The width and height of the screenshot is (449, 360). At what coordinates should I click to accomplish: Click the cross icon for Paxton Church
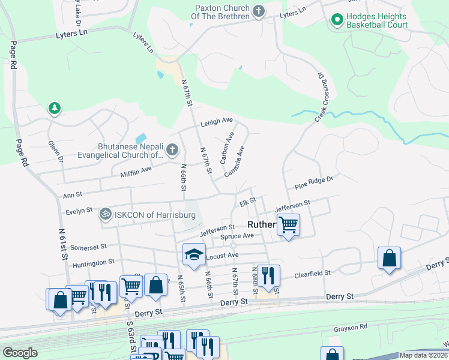[259, 11]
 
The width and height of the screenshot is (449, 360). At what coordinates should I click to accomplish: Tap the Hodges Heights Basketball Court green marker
[337, 21]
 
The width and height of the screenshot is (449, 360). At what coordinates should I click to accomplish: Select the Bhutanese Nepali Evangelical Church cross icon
[172, 149]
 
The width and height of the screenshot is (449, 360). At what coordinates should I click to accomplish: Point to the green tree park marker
[55, 108]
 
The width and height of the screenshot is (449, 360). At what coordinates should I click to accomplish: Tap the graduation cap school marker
[194, 254]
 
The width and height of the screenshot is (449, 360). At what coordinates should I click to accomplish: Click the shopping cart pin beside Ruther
[289, 225]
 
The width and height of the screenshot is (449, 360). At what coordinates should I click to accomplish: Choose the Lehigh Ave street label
[217, 121]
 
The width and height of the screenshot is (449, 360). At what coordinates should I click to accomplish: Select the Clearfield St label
[312, 274]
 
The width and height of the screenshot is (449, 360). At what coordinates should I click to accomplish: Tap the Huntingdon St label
[93, 262]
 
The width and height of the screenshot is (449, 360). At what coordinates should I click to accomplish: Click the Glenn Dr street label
[56, 151]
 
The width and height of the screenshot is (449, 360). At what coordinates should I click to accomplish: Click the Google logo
[20, 352]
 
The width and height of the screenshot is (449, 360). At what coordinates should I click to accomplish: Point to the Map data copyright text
[424, 355]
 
